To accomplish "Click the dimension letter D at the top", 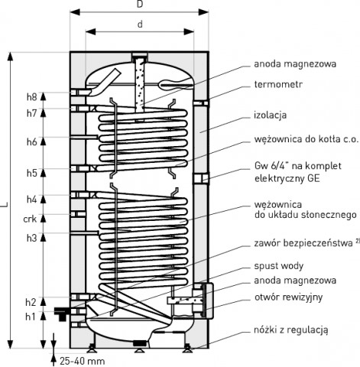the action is click(140, 5).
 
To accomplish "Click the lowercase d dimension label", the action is click(140, 24).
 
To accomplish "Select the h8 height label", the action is click(32, 97).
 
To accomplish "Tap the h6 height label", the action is click(32, 141).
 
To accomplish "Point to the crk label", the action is click(30, 219).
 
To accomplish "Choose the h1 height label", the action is click(31, 317).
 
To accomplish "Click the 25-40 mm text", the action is click(83, 361).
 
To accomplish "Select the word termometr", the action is click(278, 84).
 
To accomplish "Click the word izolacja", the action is click(271, 115).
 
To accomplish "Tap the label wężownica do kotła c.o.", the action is click(306, 139).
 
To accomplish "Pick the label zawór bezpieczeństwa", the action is click(303, 243).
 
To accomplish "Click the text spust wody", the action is click(279, 266).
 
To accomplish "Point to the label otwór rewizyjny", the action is click(288, 297).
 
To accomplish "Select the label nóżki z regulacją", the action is click(291, 330).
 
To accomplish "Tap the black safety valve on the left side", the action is click(61, 313).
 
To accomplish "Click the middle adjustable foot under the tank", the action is click(139, 347).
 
